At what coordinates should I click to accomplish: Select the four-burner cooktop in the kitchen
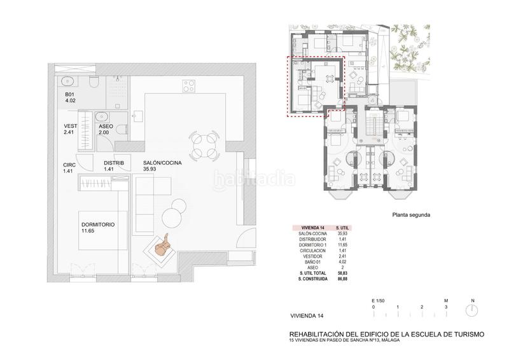[188, 86]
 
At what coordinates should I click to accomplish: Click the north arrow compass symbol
[472, 310]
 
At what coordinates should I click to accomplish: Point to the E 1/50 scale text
[378, 299]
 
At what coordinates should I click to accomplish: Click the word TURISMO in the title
[466, 334]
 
